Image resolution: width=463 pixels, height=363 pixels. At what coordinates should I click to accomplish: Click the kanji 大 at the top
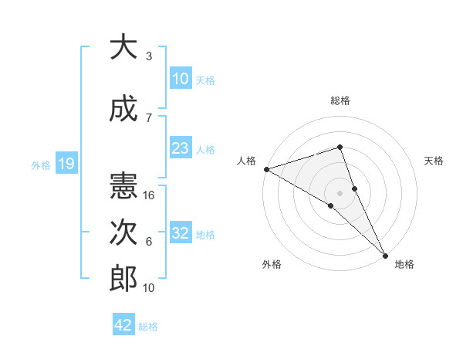click(x=123, y=48)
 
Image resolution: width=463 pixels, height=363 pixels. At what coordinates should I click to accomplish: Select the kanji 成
click(x=123, y=110)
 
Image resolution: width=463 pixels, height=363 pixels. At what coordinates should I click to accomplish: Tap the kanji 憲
click(x=123, y=186)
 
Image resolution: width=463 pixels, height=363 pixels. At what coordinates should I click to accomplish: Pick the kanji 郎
click(x=123, y=279)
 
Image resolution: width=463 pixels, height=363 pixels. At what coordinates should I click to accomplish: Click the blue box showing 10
click(x=180, y=79)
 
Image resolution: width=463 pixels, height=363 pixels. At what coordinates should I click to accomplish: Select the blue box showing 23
click(x=180, y=148)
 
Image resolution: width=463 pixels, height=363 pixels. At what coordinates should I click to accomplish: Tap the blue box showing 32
click(x=180, y=233)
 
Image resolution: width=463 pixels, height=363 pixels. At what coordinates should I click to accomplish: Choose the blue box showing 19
click(x=66, y=164)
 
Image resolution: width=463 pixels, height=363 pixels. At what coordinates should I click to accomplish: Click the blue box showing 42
click(x=123, y=325)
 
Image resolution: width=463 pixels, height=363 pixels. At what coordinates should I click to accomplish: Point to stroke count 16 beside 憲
click(x=150, y=195)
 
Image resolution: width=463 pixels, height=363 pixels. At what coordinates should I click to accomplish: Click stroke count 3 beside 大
click(x=148, y=56)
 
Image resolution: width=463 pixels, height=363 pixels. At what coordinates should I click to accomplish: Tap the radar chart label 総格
click(x=340, y=100)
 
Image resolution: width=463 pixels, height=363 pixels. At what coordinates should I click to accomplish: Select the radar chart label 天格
click(x=434, y=161)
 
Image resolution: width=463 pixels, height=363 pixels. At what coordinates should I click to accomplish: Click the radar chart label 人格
click(x=246, y=161)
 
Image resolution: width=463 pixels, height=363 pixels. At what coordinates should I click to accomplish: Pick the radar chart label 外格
click(x=272, y=265)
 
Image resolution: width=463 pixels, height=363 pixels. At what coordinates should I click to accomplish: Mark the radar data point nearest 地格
click(x=384, y=253)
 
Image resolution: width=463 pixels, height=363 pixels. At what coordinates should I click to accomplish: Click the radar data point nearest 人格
click(x=266, y=168)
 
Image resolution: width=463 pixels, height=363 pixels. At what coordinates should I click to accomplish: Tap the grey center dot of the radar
click(x=340, y=192)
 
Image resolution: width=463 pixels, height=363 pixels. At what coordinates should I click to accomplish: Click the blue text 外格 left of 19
click(x=41, y=165)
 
